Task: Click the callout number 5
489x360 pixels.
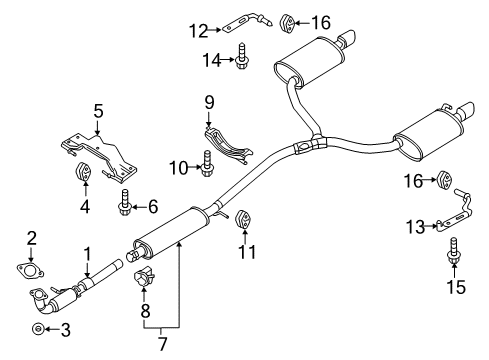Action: tap(98, 111)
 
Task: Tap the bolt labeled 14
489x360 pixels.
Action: tap(241, 56)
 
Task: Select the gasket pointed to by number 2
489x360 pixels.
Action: tap(30, 270)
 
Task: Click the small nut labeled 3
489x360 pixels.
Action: tap(38, 329)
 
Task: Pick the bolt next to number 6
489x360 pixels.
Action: tap(125, 203)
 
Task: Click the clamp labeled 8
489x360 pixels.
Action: tap(145, 276)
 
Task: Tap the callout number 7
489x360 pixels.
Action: tap(162, 343)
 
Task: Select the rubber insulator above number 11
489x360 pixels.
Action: tap(244, 220)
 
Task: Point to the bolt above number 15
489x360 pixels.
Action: tap(453, 251)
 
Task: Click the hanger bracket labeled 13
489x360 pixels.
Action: tap(455, 212)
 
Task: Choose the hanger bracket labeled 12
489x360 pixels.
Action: tap(248, 23)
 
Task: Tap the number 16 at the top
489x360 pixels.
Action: tap(321, 23)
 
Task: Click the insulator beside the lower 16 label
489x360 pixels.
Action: tap(444, 180)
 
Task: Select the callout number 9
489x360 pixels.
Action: tap(209, 102)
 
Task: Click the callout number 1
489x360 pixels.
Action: tap(87, 254)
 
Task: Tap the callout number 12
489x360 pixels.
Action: tap(199, 31)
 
